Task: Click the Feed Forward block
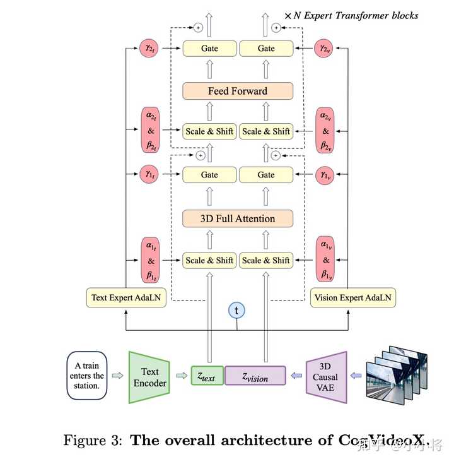(238, 91)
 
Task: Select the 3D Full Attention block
(238, 219)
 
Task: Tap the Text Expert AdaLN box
(126, 297)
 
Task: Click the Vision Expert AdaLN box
(353, 297)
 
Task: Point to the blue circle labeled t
(237, 310)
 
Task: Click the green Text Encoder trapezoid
(150, 377)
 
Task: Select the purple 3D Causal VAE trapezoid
(327, 377)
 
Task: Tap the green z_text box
(207, 377)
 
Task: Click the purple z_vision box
(255, 377)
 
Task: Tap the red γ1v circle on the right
(325, 174)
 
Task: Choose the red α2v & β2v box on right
(325, 131)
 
